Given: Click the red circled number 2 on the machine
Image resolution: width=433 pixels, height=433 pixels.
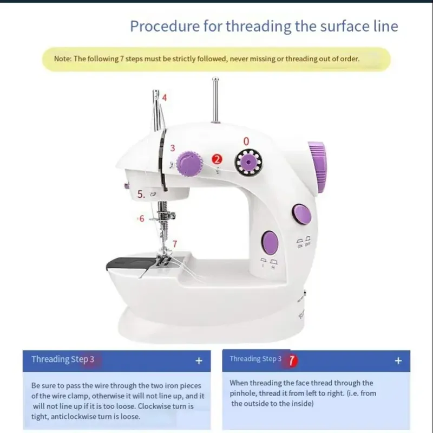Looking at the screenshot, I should pyautogui.click(x=217, y=159).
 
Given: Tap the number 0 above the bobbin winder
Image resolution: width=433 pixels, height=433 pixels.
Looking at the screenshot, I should pyautogui.click(x=246, y=141).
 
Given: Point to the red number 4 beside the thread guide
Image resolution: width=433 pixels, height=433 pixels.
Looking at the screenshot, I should pyautogui.click(x=164, y=98).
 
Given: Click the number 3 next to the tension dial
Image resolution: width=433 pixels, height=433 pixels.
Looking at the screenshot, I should pyautogui.click(x=172, y=148).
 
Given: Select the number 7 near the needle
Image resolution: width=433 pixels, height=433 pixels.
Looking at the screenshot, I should pyautogui.click(x=174, y=243).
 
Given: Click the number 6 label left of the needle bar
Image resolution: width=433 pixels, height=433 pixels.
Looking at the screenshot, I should pyautogui.click(x=142, y=219).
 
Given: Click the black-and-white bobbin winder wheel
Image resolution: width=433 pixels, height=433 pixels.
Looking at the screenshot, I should pyautogui.click(x=248, y=161).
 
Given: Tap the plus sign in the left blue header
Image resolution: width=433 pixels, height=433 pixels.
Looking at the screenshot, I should pyautogui.click(x=199, y=360).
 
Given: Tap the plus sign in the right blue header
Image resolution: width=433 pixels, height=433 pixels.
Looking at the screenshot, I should pyautogui.click(x=398, y=360).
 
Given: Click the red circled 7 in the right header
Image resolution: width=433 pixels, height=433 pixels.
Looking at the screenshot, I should pyautogui.click(x=292, y=359).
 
